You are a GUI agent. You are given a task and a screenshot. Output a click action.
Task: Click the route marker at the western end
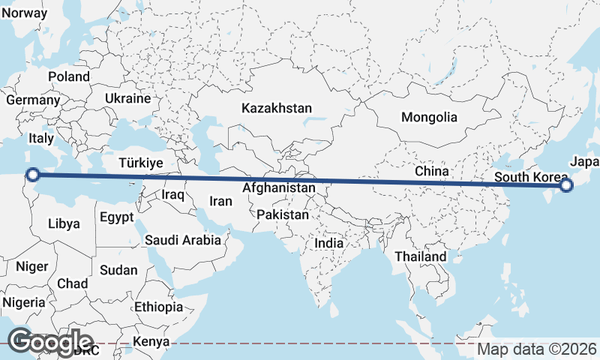point(32,175)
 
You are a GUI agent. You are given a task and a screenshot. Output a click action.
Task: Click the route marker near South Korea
point(566,185)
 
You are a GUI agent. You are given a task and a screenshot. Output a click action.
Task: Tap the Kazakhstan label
point(276,109)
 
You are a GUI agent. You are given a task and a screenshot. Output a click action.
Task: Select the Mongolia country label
point(429,117)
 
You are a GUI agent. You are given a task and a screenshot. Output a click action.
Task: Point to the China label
point(432,172)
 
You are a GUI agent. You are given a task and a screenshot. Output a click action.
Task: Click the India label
point(328,243)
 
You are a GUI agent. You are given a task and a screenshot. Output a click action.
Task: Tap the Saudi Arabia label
point(183,240)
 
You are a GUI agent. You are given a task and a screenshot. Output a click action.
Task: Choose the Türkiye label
point(141,163)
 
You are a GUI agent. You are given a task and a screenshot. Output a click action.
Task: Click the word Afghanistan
point(278,188)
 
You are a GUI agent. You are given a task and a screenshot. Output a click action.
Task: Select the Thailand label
point(421,256)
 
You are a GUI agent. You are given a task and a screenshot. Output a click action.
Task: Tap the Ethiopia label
point(158,307)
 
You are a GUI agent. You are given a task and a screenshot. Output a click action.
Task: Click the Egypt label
point(116,217)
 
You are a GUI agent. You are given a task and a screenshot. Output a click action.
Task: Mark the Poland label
point(68,76)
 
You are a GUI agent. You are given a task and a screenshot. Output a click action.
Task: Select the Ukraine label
point(127,98)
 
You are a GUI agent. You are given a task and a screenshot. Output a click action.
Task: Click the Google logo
point(50,341)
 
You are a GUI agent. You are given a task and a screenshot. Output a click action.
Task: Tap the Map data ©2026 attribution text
point(537,349)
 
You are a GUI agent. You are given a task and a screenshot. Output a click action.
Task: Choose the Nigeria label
point(24,302)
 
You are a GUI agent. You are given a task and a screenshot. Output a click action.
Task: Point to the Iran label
point(220,201)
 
